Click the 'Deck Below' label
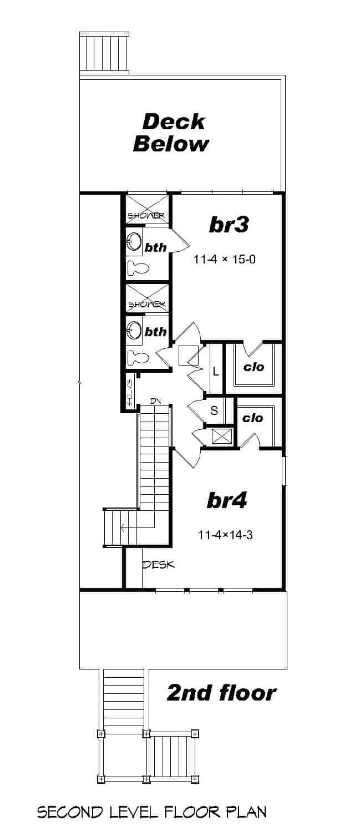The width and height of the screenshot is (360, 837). tap(171, 133)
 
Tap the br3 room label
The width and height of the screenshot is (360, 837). tap(228, 225)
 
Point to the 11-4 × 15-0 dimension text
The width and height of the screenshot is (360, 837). tap(224, 259)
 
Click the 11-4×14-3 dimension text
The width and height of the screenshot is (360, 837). tap(225, 535)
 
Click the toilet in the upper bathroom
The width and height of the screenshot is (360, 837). tap(138, 269)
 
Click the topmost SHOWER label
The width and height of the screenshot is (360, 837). tap(146, 216)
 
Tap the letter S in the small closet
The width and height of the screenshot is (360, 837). tap(214, 412)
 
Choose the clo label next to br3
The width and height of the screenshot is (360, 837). tap(253, 367)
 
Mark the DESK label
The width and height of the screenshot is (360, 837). tap(159, 565)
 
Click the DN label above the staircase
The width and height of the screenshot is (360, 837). tap(155, 400)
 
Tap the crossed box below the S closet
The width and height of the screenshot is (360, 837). tap(222, 435)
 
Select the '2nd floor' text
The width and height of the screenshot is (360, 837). tap(221, 693)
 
